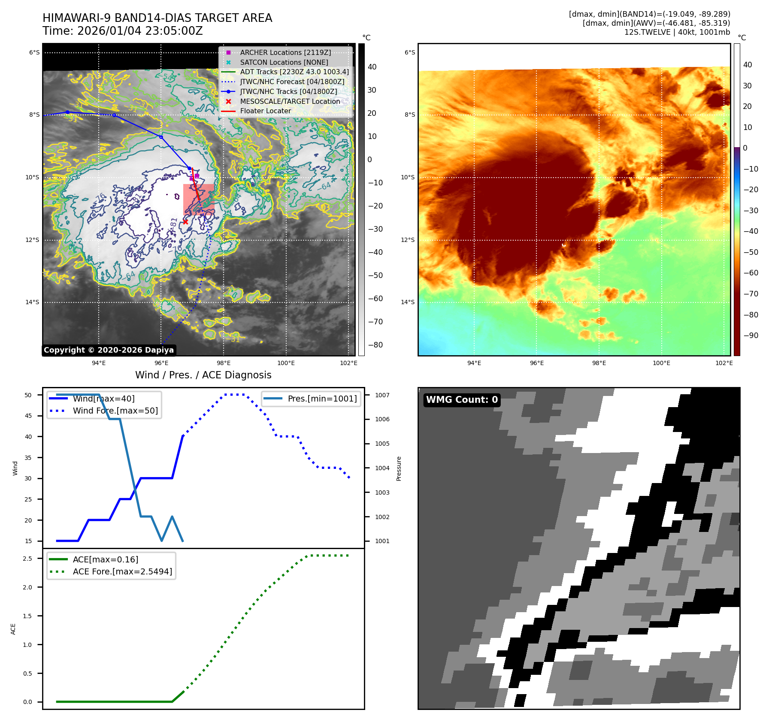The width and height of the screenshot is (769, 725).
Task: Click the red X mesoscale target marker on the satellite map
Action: coord(185,222)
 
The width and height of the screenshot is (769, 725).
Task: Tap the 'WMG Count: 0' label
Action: coord(462,400)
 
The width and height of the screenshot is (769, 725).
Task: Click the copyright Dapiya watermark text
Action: coord(109,350)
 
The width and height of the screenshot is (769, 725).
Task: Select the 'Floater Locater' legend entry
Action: coord(265,111)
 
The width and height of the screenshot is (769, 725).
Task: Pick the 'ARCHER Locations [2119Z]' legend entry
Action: coord(285,52)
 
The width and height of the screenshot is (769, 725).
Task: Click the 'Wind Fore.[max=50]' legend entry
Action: coord(115,411)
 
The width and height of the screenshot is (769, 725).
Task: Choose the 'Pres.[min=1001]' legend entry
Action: coord(322,399)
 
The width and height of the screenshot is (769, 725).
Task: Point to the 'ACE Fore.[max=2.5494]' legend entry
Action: coord(122,571)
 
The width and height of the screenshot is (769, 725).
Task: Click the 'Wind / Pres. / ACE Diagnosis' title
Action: coord(203,375)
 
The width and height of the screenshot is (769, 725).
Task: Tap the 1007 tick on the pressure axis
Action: coord(382,395)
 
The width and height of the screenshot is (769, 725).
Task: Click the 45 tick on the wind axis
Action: coord(28,416)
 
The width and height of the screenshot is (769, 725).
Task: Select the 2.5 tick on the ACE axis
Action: coord(27,559)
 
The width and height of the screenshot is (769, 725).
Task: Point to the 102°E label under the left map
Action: coord(348,363)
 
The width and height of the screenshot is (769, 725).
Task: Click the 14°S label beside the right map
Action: coord(408,302)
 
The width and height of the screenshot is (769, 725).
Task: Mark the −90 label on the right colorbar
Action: coord(751,335)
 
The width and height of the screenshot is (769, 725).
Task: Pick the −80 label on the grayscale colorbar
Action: coord(375,345)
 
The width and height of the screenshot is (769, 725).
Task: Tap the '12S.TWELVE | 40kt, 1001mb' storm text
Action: coord(677,32)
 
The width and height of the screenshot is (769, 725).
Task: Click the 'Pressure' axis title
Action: coord(399,468)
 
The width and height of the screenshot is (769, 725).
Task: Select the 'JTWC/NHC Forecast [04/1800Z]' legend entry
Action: coord(292,82)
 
